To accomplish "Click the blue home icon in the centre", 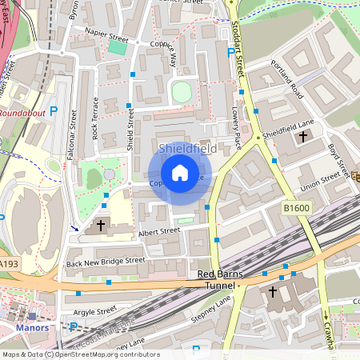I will pyautogui.click(x=180, y=173).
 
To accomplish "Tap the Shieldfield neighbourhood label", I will pyautogui.click(x=186, y=149).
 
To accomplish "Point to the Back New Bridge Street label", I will pyautogui.click(x=106, y=261).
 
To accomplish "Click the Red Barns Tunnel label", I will pyautogui.click(x=218, y=279).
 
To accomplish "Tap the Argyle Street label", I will pyautogui.click(x=95, y=310).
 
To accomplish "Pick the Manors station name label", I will pyautogui.click(x=32, y=327).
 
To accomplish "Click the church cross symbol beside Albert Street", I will pyautogui.click(x=100, y=226).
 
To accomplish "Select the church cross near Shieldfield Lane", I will pyautogui.click(x=302, y=137).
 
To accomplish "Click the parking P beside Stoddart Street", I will pyautogui.click(x=231, y=53).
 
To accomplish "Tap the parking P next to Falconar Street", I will pyautogui.click(x=54, y=111).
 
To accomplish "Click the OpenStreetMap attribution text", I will pyautogui.click(x=80, y=354).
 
